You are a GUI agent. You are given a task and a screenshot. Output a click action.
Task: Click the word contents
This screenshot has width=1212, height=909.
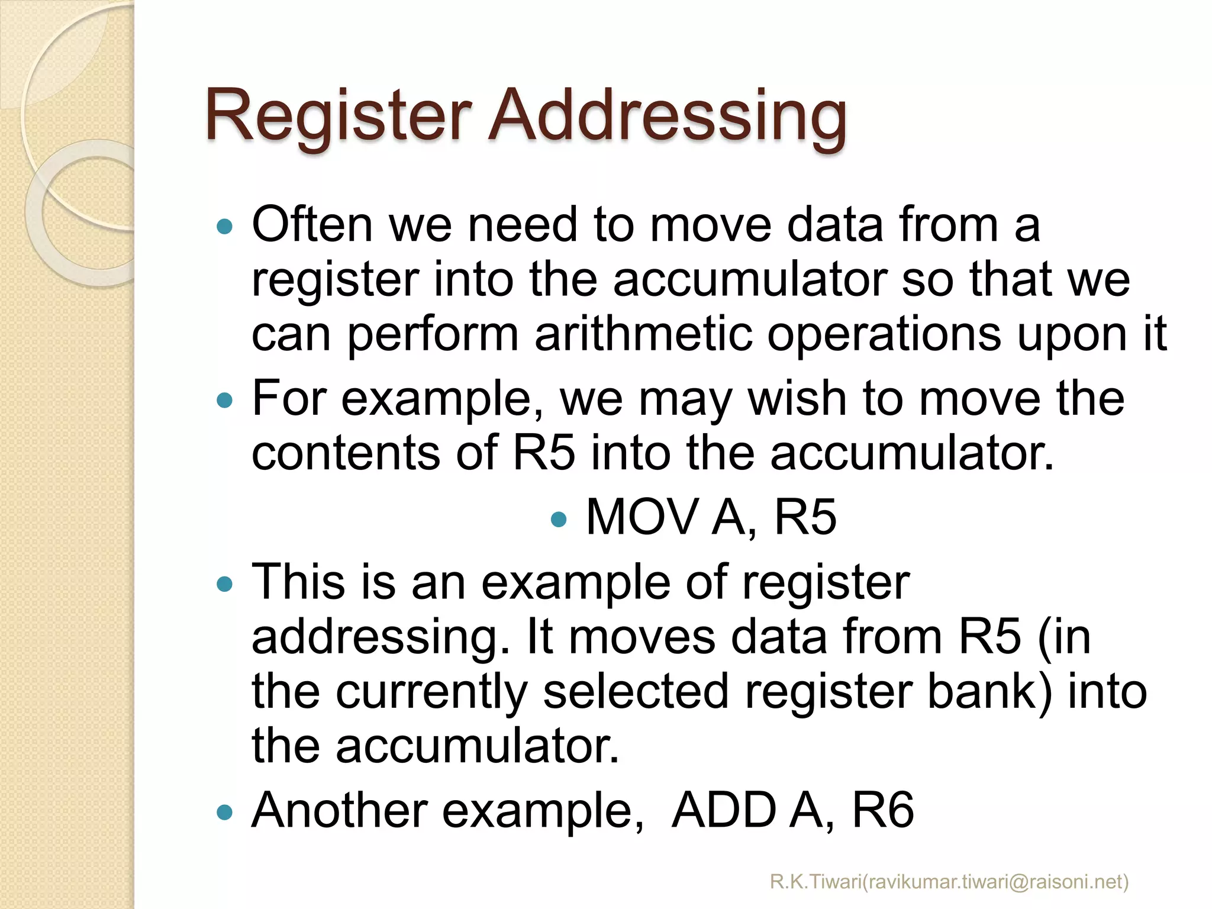pyautogui.click(x=346, y=453)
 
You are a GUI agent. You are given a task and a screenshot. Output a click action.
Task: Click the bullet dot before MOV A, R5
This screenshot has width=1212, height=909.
pyautogui.click(x=558, y=520)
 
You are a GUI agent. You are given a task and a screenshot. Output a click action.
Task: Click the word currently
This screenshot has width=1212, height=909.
pyautogui.click(x=431, y=693)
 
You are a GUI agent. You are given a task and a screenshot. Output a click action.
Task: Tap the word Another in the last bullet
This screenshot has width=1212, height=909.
pyautogui.click(x=340, y=810)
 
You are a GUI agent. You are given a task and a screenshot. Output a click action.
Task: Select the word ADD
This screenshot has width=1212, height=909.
pyautogui.click(x=724, y=810)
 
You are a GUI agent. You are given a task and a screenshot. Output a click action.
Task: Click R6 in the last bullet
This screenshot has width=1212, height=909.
pyautogui.click(x=882, y=810)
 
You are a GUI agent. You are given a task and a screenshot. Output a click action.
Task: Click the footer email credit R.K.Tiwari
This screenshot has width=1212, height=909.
pyautogui.click(x=949, y=881)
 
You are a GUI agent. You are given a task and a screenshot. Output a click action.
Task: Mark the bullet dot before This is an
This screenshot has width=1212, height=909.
pyautogui.click(x=225, y=585)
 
